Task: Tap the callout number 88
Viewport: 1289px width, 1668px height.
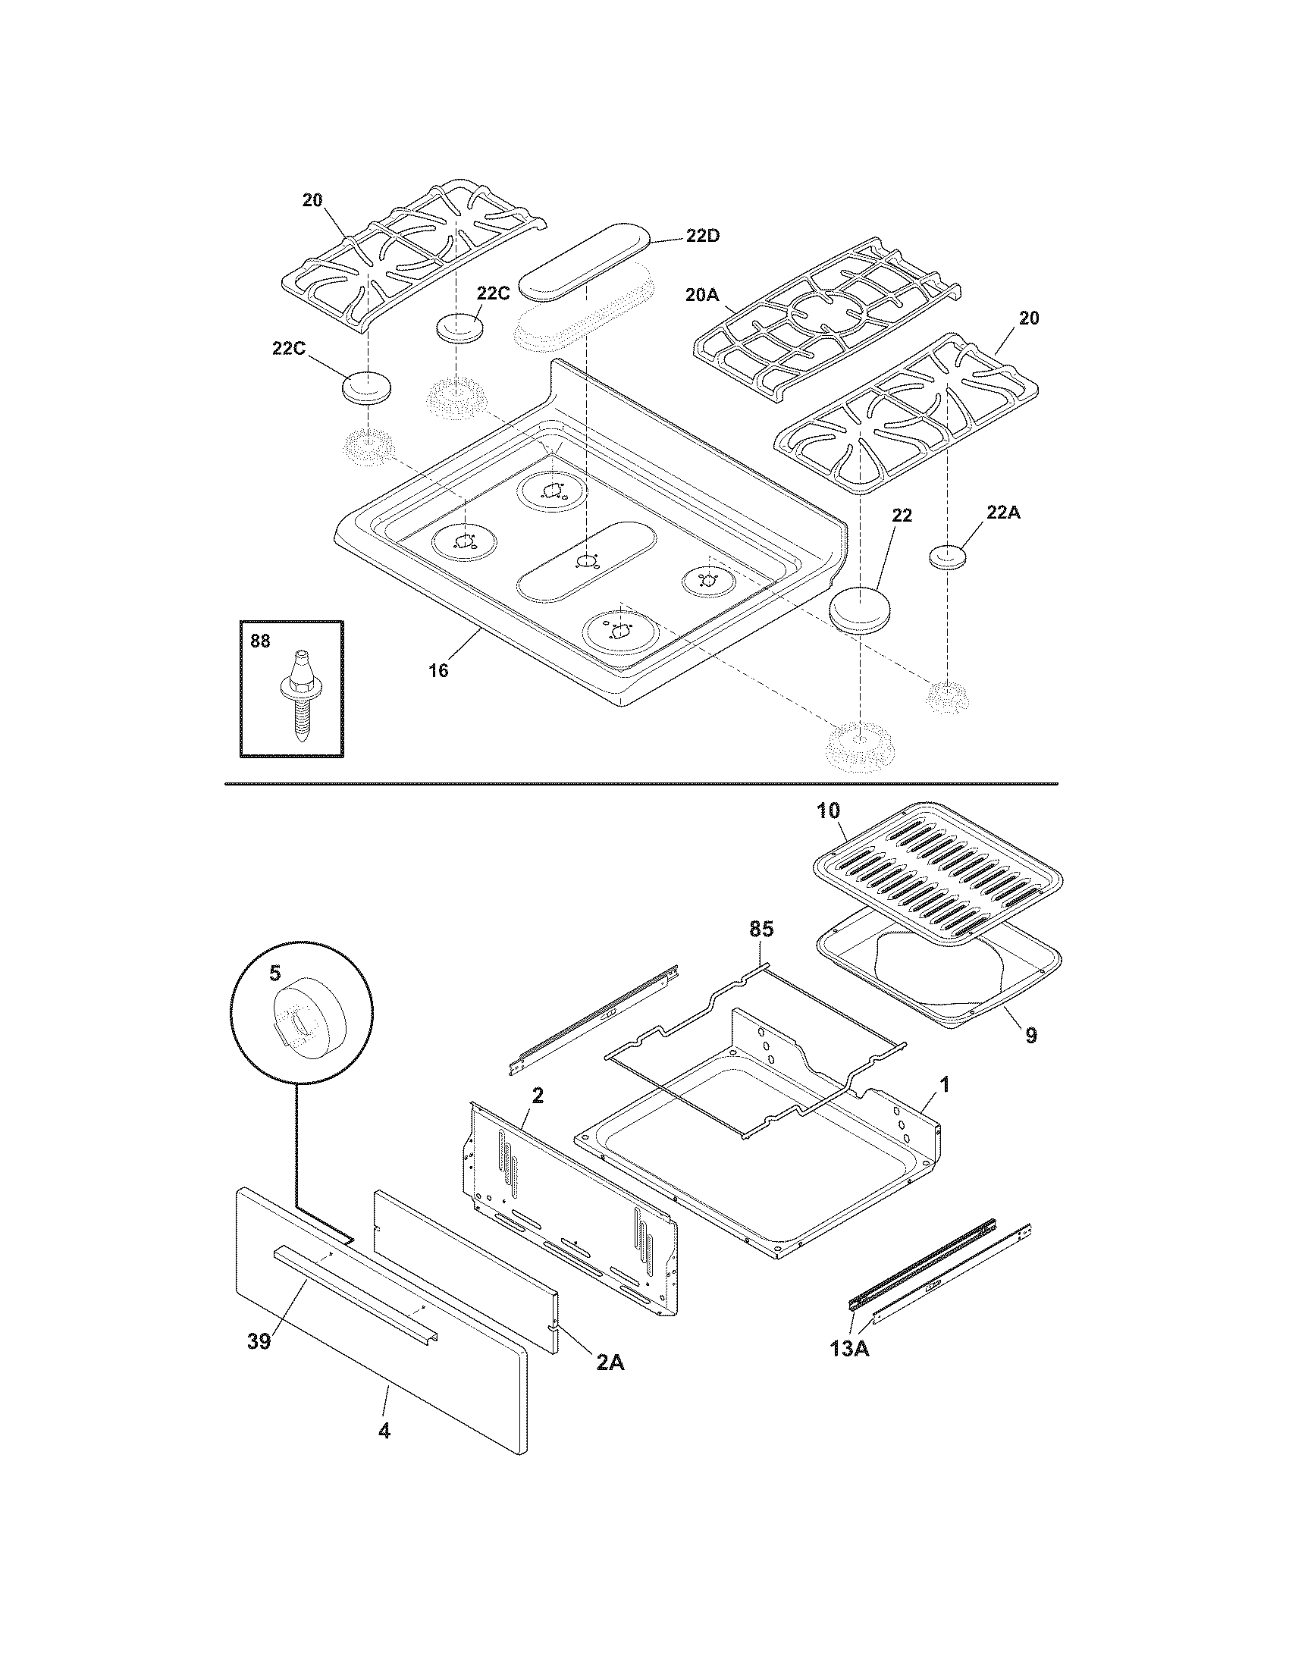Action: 260,641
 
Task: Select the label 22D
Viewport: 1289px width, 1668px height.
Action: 702,236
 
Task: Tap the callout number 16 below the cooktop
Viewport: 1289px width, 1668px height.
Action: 438,670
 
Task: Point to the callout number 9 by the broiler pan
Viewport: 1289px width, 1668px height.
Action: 1031,1036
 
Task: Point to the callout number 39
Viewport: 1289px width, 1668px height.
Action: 259,1341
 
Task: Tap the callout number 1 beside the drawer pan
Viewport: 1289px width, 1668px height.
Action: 944,1083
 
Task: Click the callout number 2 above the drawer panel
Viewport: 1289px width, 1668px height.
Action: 538,1096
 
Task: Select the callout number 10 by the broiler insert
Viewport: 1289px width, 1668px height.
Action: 829,810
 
